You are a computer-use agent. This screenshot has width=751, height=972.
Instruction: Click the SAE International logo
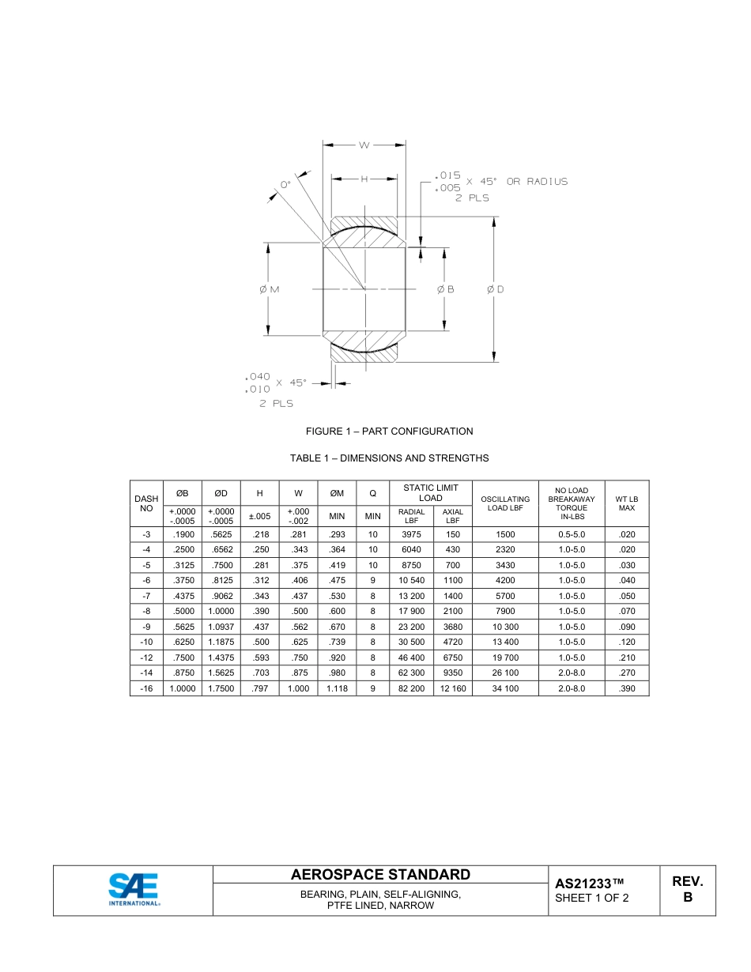click(134, 890)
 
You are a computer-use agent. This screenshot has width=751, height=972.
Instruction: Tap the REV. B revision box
click(687, 890)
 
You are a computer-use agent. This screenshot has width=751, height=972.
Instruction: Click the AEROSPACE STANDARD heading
click(380, 875)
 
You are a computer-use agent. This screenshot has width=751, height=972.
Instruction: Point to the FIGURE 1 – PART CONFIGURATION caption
click(389, 431)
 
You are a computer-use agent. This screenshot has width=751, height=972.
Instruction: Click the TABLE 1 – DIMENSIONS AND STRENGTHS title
click(389, 458)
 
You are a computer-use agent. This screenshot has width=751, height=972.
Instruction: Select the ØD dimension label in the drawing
click(495, 289)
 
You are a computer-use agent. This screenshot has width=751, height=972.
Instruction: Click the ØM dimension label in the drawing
click(269, 289)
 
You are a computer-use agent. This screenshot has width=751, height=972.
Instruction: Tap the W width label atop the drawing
click(364, 145)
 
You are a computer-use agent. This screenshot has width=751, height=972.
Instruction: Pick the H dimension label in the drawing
click(364, 179)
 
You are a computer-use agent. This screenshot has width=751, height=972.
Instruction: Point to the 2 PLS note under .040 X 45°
click(276, 404)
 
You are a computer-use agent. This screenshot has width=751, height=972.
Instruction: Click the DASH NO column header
click(146, 503)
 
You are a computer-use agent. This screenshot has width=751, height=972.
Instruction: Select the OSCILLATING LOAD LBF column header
click(505, 503)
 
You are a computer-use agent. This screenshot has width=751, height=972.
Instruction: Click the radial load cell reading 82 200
click(411, 689)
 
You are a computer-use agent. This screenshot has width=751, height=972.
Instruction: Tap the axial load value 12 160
click(453, 689)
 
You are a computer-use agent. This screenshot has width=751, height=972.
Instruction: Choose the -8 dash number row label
click(146, 612)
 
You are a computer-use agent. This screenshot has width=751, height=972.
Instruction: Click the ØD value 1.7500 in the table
click(221, 689)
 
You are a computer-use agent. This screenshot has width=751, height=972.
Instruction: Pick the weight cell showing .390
click(626, 689)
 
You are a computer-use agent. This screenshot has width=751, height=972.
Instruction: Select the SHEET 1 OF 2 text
click(591, 899)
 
